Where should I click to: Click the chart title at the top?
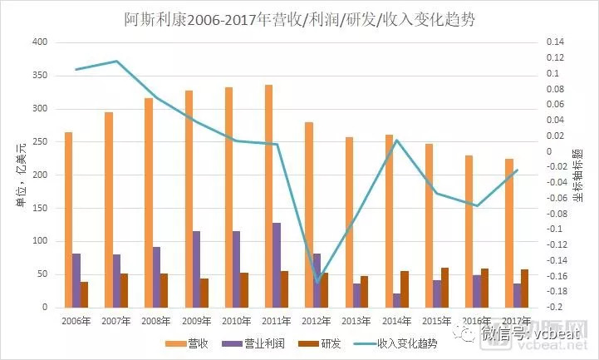tap(299, 18)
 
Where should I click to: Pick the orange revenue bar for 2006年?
tap(68, 219)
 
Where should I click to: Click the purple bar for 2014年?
tap(396, 300)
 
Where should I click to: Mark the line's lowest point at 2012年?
tap(317, 281)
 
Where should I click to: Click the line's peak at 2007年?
tap(116, 61)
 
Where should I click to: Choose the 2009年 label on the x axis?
tap(196, 320)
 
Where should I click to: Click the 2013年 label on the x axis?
tap(356, 320)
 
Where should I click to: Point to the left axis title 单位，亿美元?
tap(13, 175)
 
